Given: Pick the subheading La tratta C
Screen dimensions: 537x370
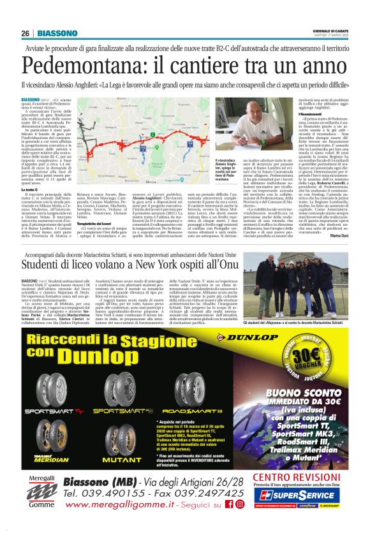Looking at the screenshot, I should click(x=31, y=189).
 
